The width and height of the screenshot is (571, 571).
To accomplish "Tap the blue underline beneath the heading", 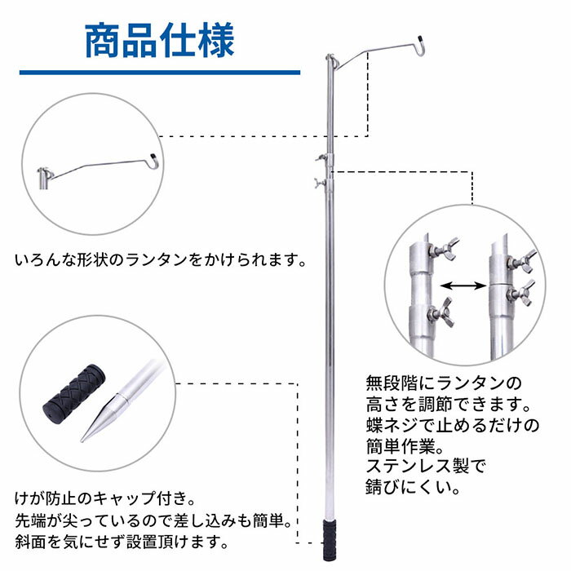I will (159, 73).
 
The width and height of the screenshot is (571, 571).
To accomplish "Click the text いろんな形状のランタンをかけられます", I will (162, 262).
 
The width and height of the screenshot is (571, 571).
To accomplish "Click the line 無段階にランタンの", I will (441, 383).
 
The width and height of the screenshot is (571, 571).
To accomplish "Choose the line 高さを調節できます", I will (448, 404).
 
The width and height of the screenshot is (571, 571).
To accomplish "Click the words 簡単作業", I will (406, 447).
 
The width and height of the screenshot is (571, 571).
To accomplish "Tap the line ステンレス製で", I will (424, 468).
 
